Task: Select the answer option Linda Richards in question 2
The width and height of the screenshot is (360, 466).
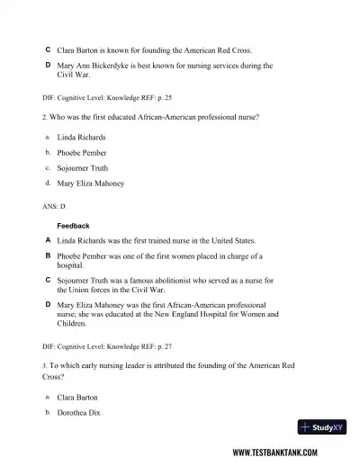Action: pyautogui.click(x=81, y=138)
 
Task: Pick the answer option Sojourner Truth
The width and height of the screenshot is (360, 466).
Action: pyautogui.click(x=83, y=168)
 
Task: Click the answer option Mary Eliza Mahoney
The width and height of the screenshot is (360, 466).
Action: pyautogui.click(x=90, y=184)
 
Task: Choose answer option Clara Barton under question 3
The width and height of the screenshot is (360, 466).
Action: pyautogui.click(x=77, y=397)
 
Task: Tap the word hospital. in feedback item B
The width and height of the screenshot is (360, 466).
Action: pyautogui.click(x=70, y=266)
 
